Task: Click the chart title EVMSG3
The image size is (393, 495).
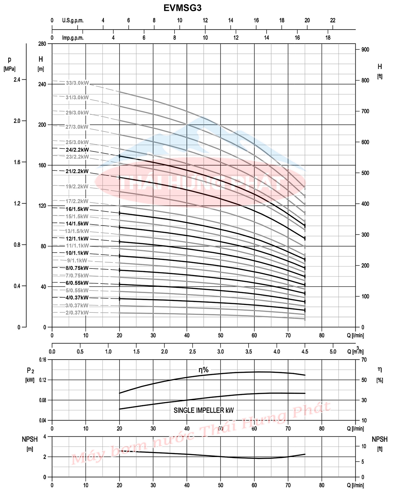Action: click(182, 8)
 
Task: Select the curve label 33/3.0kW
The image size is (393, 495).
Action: click(77, 83)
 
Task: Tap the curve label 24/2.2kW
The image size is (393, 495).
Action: click(77, 150)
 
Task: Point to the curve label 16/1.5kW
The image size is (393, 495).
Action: click(77, 209)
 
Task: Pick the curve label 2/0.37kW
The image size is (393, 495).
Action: click(77, 313)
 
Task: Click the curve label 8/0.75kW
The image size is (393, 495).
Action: click(77, 268)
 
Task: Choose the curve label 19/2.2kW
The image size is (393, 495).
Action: click(77, 187)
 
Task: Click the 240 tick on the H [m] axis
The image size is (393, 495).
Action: click(43, 84)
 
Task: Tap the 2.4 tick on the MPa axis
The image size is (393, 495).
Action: click(17, 80)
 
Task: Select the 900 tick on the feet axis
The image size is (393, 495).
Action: click(365, 49)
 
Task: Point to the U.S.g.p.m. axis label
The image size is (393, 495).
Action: click(73, 20)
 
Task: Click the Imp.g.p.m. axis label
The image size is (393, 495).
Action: click(73, 38)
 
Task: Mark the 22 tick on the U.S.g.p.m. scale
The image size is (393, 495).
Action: click(333, 20)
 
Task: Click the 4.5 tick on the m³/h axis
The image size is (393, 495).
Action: click(305, 352)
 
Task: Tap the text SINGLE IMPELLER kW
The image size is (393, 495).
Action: click(204, 410)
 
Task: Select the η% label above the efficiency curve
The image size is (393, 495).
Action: click(203, 370)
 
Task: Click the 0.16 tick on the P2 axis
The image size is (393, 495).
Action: click(43, 360)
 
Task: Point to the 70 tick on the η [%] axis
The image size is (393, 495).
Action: click(364, 360)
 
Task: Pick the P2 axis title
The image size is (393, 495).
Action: click(30, 371)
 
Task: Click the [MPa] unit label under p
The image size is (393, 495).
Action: click(9, 69)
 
